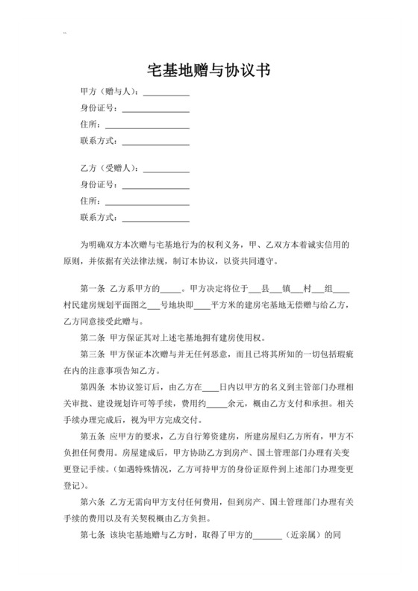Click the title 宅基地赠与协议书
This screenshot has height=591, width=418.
[x=208, y=70]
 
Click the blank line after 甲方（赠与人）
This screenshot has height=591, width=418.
[x=166, y=93]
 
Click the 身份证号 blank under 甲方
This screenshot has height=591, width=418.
[x=155, y=110]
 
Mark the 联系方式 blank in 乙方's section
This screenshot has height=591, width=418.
[x=155, y=219]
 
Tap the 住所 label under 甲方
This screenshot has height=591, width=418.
[x=89, y=125]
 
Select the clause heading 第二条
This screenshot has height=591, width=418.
[x=91, y=337]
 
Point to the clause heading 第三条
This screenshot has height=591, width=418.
[x=91, y=354]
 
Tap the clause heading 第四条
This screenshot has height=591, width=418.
[x=91, y=387]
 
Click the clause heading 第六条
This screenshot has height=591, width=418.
[x=91, y=501]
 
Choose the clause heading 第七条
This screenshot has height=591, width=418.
[x=91, y=535]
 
